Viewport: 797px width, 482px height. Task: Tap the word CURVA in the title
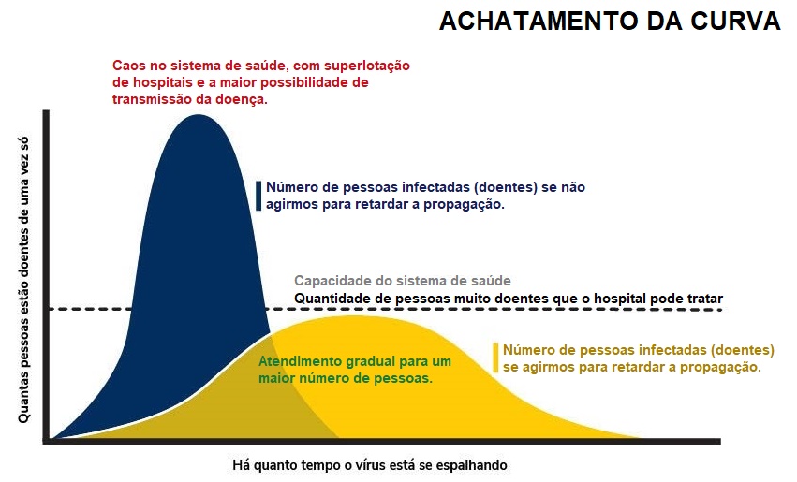click(x=735, y=22)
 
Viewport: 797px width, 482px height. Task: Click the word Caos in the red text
click(x=126, y=66)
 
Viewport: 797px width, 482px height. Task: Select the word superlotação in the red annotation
click(x=367, y=66)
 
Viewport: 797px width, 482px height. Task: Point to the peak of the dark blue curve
click(x=198, y=115)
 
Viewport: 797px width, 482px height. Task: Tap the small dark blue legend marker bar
click(x=258, y=196)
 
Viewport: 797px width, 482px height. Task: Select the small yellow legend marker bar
click(x=495, y=358)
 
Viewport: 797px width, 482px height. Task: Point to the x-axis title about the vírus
click(x=370, y=465)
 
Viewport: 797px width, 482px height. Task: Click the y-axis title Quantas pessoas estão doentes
click(x=23, y=280)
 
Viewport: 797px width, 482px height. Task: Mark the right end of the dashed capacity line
click(x=722, y=309)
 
